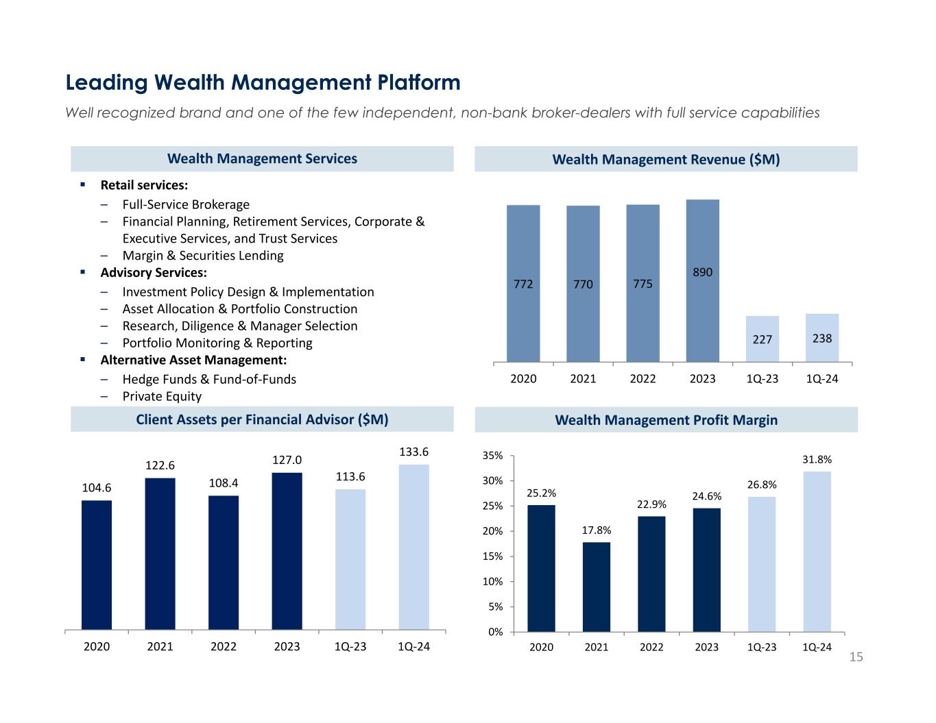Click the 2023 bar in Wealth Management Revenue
point(702,280)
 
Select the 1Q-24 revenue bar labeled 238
point(821,337)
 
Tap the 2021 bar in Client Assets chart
point(160,553)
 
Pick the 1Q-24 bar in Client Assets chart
point(413,546)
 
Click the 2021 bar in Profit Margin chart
point(596,587)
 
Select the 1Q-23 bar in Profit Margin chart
point(761,563)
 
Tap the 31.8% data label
point(817,459)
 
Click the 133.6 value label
point(413,452)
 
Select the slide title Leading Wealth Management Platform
point(263,83)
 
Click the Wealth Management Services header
point(262,159)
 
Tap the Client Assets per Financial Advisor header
point(262,419)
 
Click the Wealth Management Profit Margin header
point(665,420)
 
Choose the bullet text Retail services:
point(144,185)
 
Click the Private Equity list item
point(162,396)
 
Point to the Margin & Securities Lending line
point(202,256)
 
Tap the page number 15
point(856,658)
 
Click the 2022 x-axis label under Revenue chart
point(643,379)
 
